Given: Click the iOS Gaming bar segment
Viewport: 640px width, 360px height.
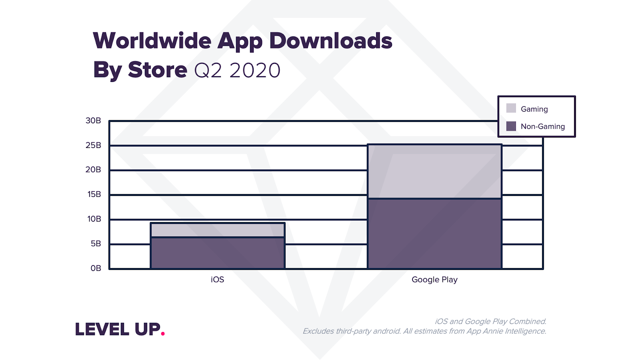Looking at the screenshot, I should (217, 230).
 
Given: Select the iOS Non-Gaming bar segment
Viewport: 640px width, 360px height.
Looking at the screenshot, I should (217, 253).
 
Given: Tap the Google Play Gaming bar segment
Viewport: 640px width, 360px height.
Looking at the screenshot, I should (434, 171).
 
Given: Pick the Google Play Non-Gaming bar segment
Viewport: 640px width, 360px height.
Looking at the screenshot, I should (434, 234).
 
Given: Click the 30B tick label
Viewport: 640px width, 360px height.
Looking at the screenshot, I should (93, 120).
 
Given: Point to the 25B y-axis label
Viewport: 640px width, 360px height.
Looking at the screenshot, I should (93, 145).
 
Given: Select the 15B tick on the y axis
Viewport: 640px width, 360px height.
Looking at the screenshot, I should (94, 194).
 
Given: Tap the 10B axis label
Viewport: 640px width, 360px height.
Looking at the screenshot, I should (94, 219).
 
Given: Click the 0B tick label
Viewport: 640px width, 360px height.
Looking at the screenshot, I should (96, 268).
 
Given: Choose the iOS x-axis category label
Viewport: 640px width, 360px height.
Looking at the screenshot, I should (217, 280).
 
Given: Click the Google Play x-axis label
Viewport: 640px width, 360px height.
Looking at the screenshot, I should (434, 280).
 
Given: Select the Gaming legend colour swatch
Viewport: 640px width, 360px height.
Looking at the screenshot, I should (511, 108).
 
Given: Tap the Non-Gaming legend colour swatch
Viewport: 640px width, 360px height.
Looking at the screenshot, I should (511, 126).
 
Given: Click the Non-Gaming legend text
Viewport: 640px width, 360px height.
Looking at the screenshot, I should (542, 126).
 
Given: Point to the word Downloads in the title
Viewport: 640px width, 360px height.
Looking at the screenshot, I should (330, 41).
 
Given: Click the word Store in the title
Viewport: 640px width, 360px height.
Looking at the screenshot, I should (157, 70).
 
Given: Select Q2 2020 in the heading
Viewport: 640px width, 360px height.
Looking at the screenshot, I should (237, 70).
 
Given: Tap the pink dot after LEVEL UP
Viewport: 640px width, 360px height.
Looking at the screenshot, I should (163, 333).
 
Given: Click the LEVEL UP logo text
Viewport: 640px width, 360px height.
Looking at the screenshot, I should (118, 329).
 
